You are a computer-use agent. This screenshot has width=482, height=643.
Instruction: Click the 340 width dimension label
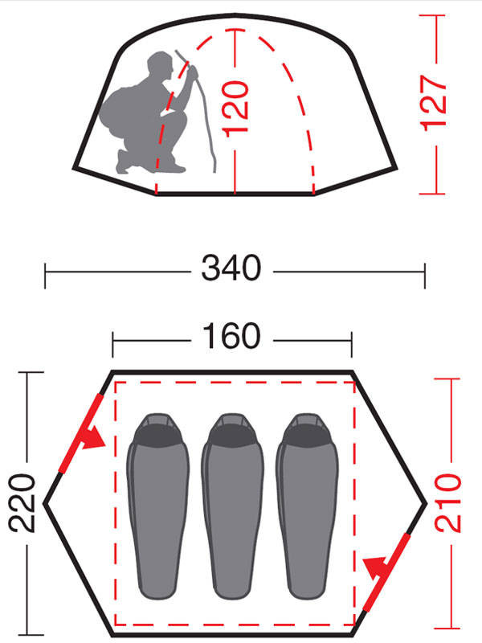tap(231, 268)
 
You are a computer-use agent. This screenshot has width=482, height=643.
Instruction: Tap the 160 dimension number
tap(231, 336)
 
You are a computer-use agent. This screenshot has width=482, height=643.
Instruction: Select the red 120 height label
tap(235, 107)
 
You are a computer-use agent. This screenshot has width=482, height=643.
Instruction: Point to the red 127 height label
tap(433, 103)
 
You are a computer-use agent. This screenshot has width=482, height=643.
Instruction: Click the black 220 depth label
tap(22, 503)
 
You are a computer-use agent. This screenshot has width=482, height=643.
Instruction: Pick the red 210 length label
tap(448, 503)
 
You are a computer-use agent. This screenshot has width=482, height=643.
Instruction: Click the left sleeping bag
tap(157, 506)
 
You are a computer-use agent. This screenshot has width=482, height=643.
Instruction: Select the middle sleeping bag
tap(232, 506)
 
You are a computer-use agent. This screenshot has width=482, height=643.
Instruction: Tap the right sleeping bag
tap(307, 506)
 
